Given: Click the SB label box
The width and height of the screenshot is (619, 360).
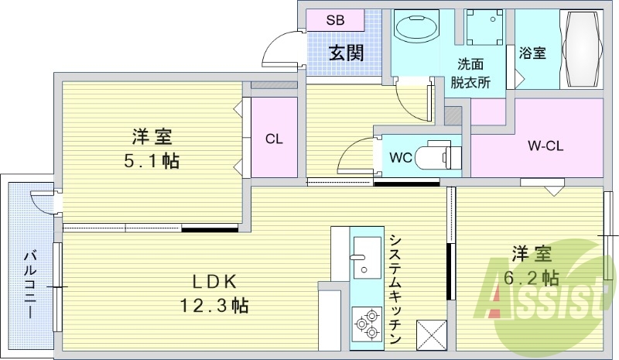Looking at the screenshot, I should tap(334, 20).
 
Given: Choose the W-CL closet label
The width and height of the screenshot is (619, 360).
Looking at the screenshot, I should tap(543, 145).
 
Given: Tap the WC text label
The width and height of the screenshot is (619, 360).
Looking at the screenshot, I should tap(399, 158).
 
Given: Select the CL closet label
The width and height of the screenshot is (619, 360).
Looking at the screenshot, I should tap(273, 139).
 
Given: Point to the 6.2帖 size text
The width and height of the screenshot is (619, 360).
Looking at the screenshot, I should tap(533, 276).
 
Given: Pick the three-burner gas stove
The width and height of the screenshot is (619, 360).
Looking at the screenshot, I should tap(366, 323).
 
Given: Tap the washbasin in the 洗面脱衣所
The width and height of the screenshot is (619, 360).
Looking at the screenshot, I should tap(416, 29).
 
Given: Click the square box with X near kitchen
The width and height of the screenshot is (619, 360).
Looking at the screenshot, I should tap(433, 335).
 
